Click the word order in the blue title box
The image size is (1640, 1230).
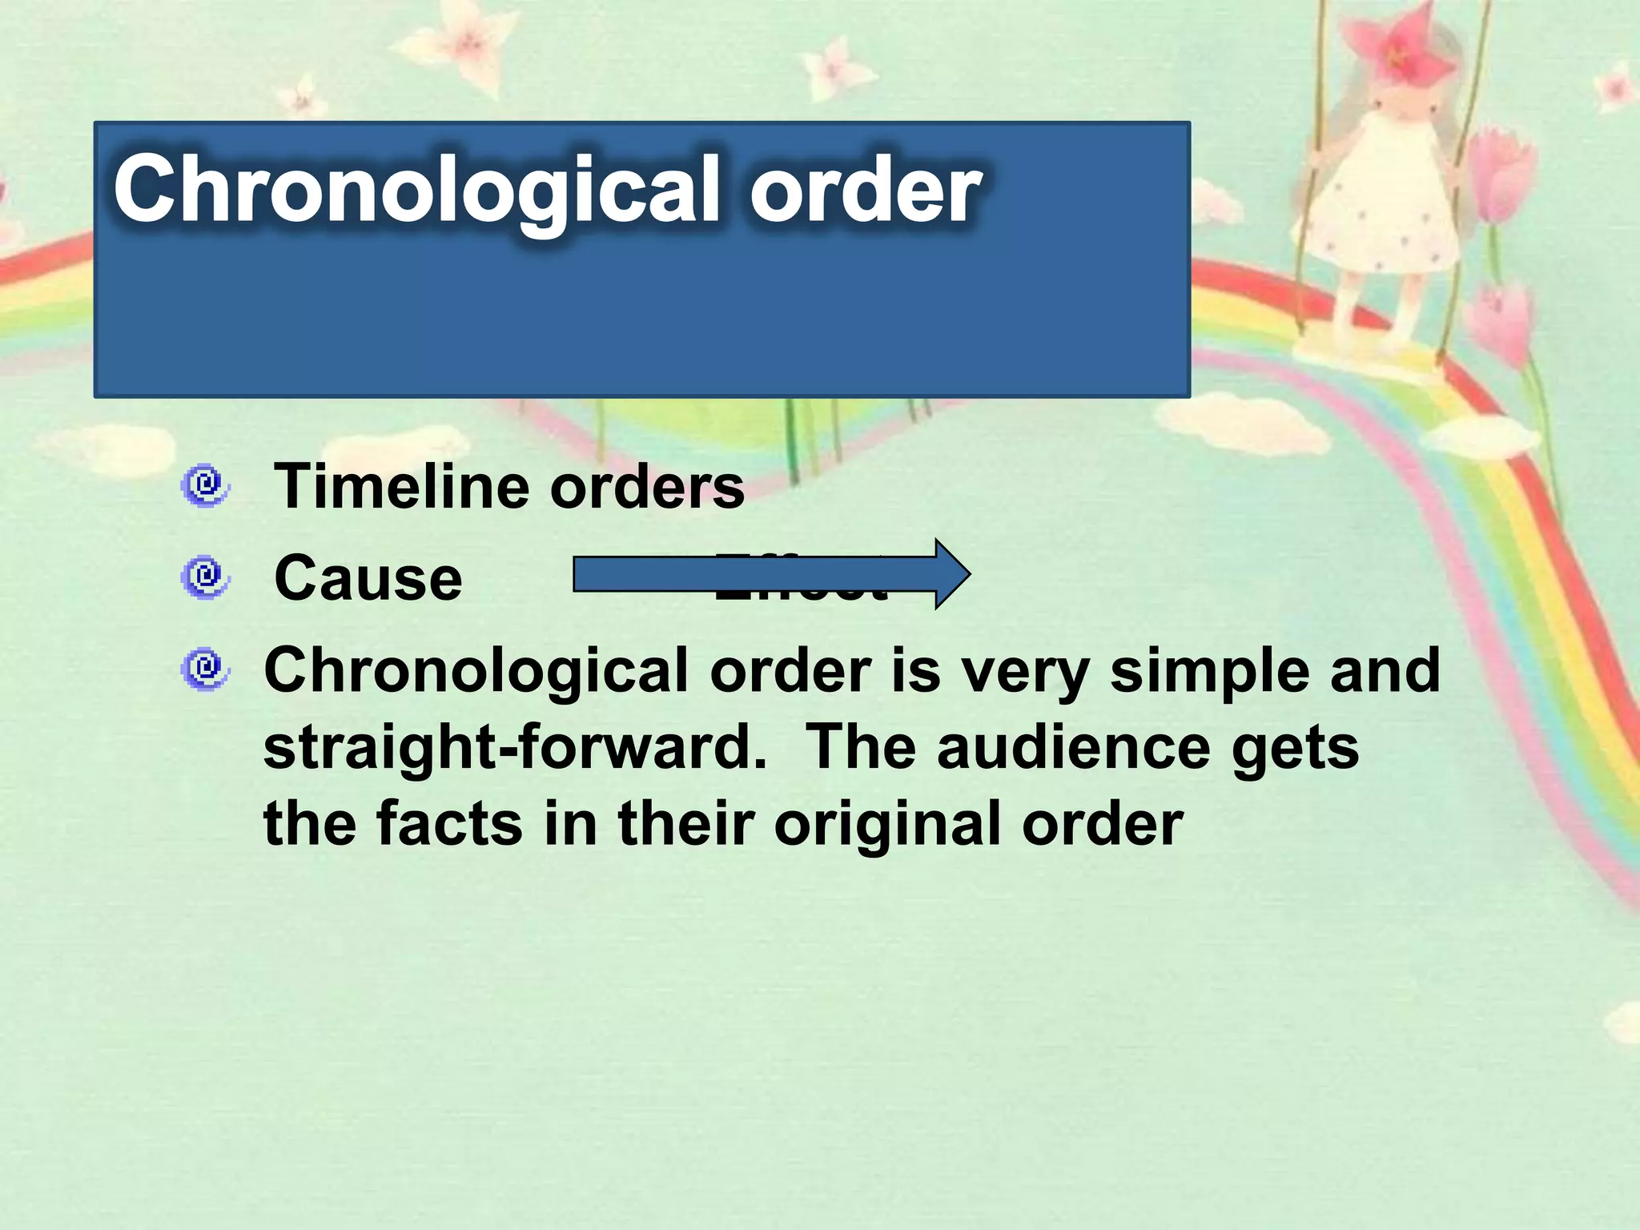tap(865, 191)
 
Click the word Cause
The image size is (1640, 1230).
tap(368, 578)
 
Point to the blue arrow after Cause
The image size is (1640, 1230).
tap(769, 574)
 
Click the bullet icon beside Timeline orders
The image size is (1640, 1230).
tap(205, 485)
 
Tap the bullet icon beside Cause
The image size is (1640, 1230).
tap(205, 577)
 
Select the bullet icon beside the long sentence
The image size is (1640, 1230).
tap(205, 669)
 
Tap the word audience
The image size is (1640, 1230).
tap(1073, 748)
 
